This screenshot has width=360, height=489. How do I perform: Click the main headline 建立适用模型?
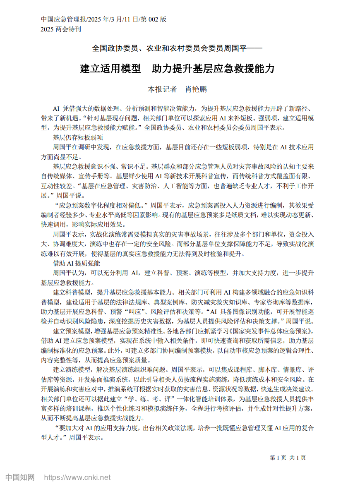pyautogui.click(x=110, y=68)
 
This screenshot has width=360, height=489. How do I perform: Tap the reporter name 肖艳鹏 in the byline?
pyautogui.click(x=196, y=89)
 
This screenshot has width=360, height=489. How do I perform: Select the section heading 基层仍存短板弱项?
pyautogui.click(x=78, y=137)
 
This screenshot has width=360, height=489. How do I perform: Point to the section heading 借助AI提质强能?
pyautogui.click(x=76, y=263)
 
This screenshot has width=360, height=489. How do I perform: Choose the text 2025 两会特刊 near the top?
pyautogui.click(x=61, y=29)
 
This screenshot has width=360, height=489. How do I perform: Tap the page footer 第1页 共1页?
pyautogui.click(x=288, y=458)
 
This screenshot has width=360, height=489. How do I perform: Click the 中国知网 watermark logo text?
pyautogui.click(x=20, y=477)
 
